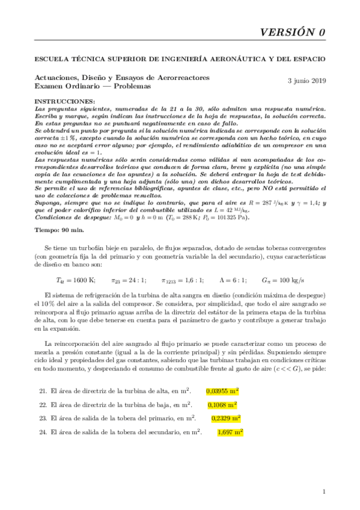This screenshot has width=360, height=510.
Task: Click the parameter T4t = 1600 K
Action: [x=76, y=280]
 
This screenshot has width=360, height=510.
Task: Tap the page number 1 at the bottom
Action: [x=324, y=492]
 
